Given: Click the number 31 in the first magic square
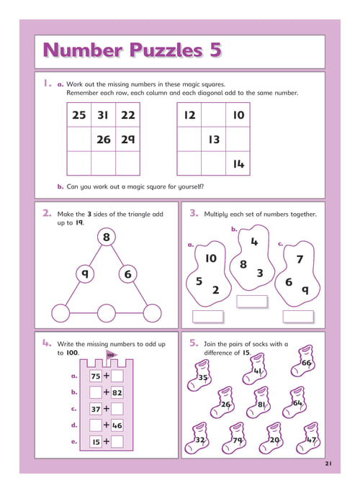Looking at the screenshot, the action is coord(103,115).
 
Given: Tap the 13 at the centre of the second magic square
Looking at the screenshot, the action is coord(214,140).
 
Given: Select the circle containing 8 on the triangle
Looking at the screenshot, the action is coord(107,237).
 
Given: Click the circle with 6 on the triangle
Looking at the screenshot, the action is coord(127,274).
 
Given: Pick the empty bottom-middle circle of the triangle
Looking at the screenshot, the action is coord(107,313).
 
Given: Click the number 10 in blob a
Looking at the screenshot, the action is coord(211,258).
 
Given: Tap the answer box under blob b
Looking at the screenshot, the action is coord(252,302).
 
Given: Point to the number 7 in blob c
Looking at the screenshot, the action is coord(300,259).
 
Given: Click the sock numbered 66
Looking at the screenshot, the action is coord(302,361).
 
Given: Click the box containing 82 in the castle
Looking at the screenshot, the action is coord(117,392).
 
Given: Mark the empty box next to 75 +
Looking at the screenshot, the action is coord(117,376).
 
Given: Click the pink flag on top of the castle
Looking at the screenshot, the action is coord(111,355).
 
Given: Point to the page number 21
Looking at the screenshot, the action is coord(328,463).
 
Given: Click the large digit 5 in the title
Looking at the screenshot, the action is coord(215,50).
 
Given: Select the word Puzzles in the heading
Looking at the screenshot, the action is coord(166,50).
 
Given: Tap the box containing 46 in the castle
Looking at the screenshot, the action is coord(117,425).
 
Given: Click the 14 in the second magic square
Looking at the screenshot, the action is coord(238,164).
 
